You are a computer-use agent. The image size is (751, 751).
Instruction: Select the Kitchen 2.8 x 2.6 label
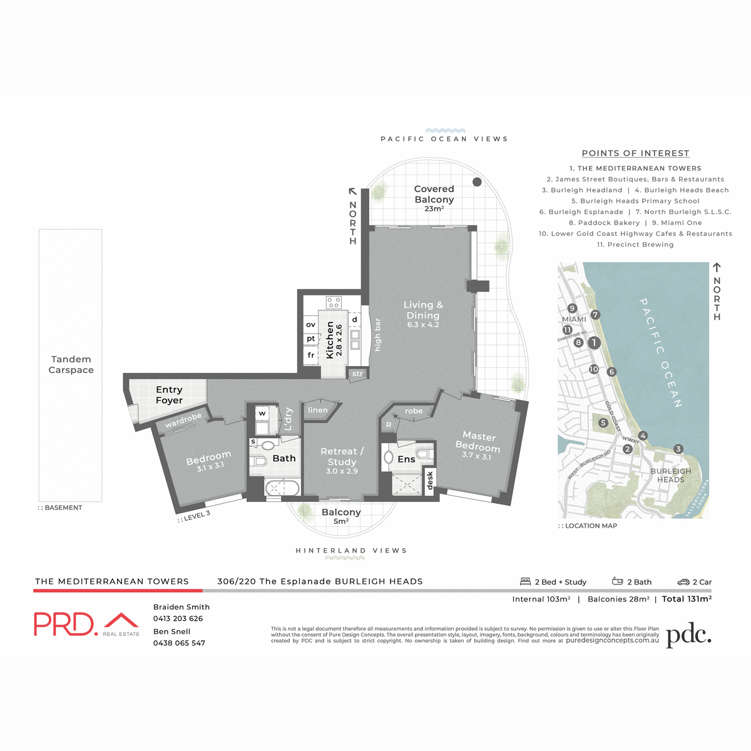pyautogui.click(x=334, y=340)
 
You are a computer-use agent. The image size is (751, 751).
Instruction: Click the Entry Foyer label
pyautogui.click(x=169, y=395)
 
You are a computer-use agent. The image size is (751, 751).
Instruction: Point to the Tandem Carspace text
pyautogui.click(x=71, y=364)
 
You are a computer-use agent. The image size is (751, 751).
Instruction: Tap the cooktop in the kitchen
pyautogui.click(x=334, y=303)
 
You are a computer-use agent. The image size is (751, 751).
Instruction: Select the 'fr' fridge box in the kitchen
pyautogui.click(x=311, y=355)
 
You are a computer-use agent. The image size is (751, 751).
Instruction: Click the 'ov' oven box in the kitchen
pyautogui.click(x=311, y=325)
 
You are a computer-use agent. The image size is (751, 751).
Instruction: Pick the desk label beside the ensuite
pyautogui.click(x=429, y=481)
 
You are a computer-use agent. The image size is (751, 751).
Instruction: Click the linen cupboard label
pyautogui.click(x=318, y=411)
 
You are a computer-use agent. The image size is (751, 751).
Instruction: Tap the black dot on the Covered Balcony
pyautogui.click(x=477, y=182)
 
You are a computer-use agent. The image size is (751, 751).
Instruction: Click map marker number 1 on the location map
pyautogui.click(x=594, y=342)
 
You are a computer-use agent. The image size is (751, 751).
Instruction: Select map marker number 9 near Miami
pyautogui.click(x=572, y=308)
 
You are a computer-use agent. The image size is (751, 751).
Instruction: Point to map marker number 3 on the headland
pyautogui.click(x=678, y=449)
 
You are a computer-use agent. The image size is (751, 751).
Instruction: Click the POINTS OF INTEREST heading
pyautogui.click(x=635, y=153)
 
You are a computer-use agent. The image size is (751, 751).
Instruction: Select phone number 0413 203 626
pyautogui.click(x=178, y=618)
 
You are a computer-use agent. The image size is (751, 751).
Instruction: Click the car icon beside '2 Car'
pyautogui.click(x=683, y=582)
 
